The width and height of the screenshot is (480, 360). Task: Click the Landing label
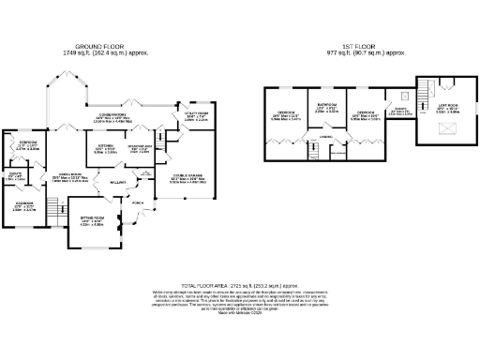coord(325,139)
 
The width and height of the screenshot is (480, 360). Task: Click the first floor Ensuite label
coord(397,111)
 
